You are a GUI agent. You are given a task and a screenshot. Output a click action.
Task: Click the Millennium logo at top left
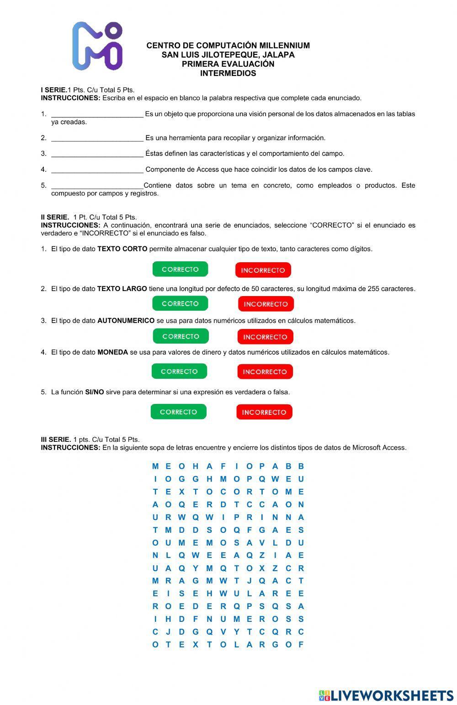point(97,46)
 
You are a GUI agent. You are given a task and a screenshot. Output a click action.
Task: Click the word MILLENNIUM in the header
point(284,46)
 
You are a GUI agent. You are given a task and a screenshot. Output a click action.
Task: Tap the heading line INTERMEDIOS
point(228,73)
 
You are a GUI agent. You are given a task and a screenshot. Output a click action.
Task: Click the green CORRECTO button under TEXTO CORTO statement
point(180,269)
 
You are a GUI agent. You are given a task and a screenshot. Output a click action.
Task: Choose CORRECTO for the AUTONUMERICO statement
point(181,336)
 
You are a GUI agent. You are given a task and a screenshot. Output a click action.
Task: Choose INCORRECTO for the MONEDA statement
point(265,371)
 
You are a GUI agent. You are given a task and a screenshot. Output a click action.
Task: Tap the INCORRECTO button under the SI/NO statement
point(264,412)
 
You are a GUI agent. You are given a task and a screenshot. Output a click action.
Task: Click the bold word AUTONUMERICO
point(126,321)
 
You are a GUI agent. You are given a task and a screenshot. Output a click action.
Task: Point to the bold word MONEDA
point(112,352)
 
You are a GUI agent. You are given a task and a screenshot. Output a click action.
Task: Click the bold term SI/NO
point(95,392)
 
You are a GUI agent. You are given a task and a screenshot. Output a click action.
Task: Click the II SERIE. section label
point(55,217)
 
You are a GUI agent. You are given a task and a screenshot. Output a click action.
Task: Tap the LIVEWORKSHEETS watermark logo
point(386,695)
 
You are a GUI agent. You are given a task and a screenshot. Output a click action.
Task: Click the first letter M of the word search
point(155,466)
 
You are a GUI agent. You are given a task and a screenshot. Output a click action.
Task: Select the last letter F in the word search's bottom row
point(301,645)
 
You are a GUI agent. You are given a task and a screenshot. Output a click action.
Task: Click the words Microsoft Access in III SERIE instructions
point(379,448)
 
